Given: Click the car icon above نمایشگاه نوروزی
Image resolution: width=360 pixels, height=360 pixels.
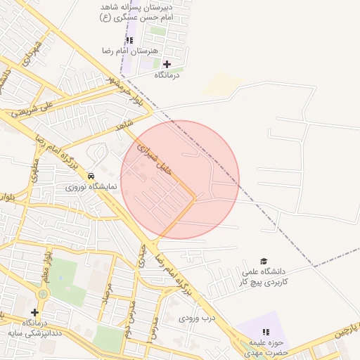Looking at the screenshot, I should tap(91, 175).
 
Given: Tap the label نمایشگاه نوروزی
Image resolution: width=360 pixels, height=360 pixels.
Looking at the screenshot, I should tap(85, 187).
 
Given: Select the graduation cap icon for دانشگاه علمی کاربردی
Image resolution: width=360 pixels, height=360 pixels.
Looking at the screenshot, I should tap(264, 261).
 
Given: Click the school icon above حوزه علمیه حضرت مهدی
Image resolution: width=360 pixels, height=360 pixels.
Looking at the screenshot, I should tap(266, 331).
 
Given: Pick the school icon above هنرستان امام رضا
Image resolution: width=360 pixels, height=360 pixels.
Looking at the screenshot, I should tap(129, 41).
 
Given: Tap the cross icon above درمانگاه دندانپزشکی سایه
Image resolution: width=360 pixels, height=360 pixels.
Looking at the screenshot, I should tap(34, 312).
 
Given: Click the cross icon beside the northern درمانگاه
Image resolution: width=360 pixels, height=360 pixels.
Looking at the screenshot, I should tap(167, 64).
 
